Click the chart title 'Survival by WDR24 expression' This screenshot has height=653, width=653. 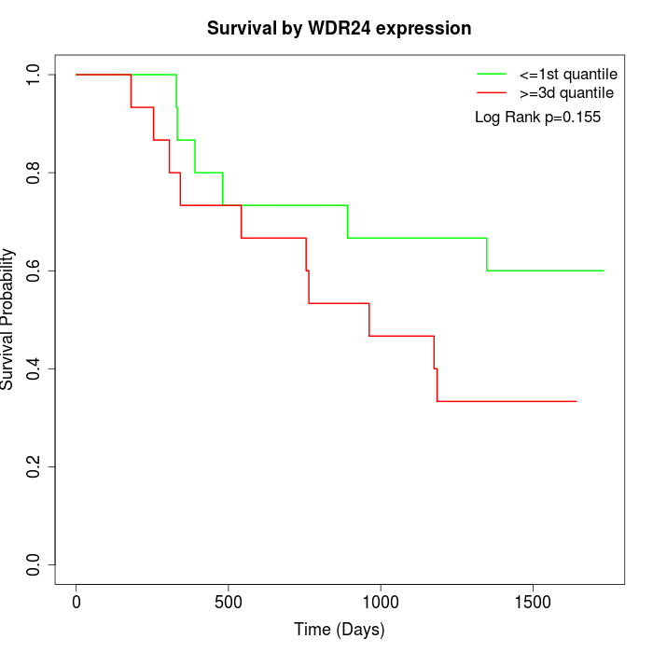pos(339,28)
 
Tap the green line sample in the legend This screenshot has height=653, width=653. pos(492,74)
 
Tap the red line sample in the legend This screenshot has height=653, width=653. pos(492,92)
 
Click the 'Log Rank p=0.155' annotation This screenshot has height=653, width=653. pos(537,118)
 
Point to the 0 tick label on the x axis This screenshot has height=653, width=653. pos(76,603)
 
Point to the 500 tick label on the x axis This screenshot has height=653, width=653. pos(229,603)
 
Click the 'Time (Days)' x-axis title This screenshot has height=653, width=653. pos(339,631)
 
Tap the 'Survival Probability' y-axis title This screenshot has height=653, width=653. pos(9,319)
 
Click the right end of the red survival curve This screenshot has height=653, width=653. pos(577,401)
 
